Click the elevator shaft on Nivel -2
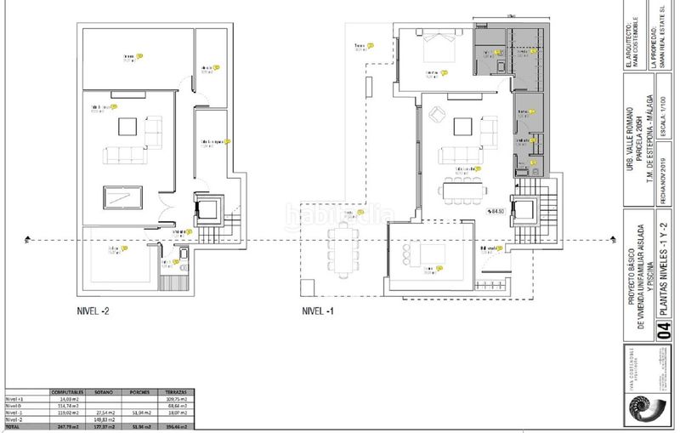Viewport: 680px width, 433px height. (x=207, y=208)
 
